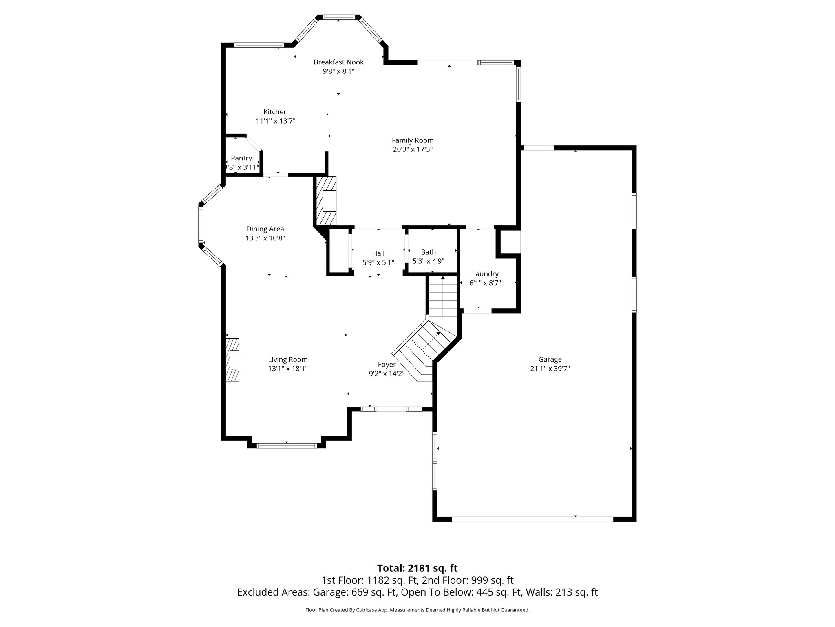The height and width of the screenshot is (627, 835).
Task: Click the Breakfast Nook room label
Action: click(338, 62)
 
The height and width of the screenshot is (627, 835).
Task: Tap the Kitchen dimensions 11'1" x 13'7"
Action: click(275, 121)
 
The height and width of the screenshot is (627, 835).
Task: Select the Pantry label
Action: click(241, 158)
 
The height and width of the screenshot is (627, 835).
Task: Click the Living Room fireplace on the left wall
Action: click(233, 360)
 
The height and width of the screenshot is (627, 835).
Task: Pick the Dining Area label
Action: click(265, 229)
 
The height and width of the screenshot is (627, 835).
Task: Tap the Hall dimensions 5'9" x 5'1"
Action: click(378, 263)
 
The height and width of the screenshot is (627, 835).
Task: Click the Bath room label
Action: click(428, 252)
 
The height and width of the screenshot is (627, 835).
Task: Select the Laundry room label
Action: click(485, 274)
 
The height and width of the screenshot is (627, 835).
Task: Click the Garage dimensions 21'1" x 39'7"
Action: click(550, 369)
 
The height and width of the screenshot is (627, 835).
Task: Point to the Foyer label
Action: click(387, 365)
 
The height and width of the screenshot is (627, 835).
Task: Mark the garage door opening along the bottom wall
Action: click(532, 519)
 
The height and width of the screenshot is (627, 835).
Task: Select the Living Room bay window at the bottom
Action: click(287, 445)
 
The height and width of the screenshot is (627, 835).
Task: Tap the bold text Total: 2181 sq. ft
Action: click(417, 568)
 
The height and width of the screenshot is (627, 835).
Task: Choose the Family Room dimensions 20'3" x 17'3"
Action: click(413, 149)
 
